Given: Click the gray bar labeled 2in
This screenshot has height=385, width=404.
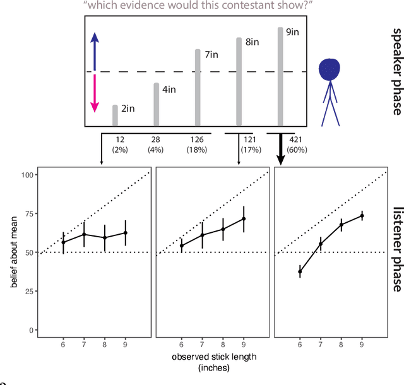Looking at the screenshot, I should (115, 115).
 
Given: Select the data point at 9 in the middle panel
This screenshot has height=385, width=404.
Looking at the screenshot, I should (244, 219).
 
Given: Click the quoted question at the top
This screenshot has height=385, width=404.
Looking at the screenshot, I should (197, 6).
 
